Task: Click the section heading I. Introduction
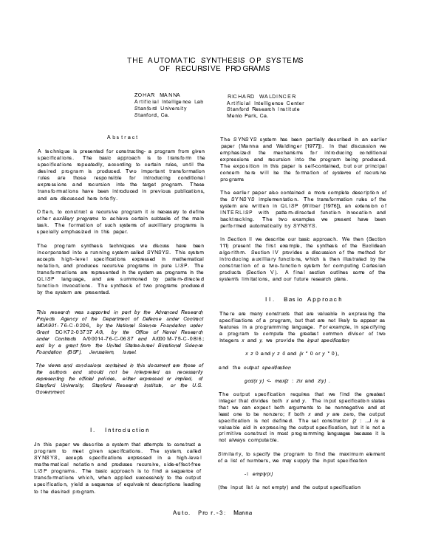[119, 429]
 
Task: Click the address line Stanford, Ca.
[151, 115]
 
